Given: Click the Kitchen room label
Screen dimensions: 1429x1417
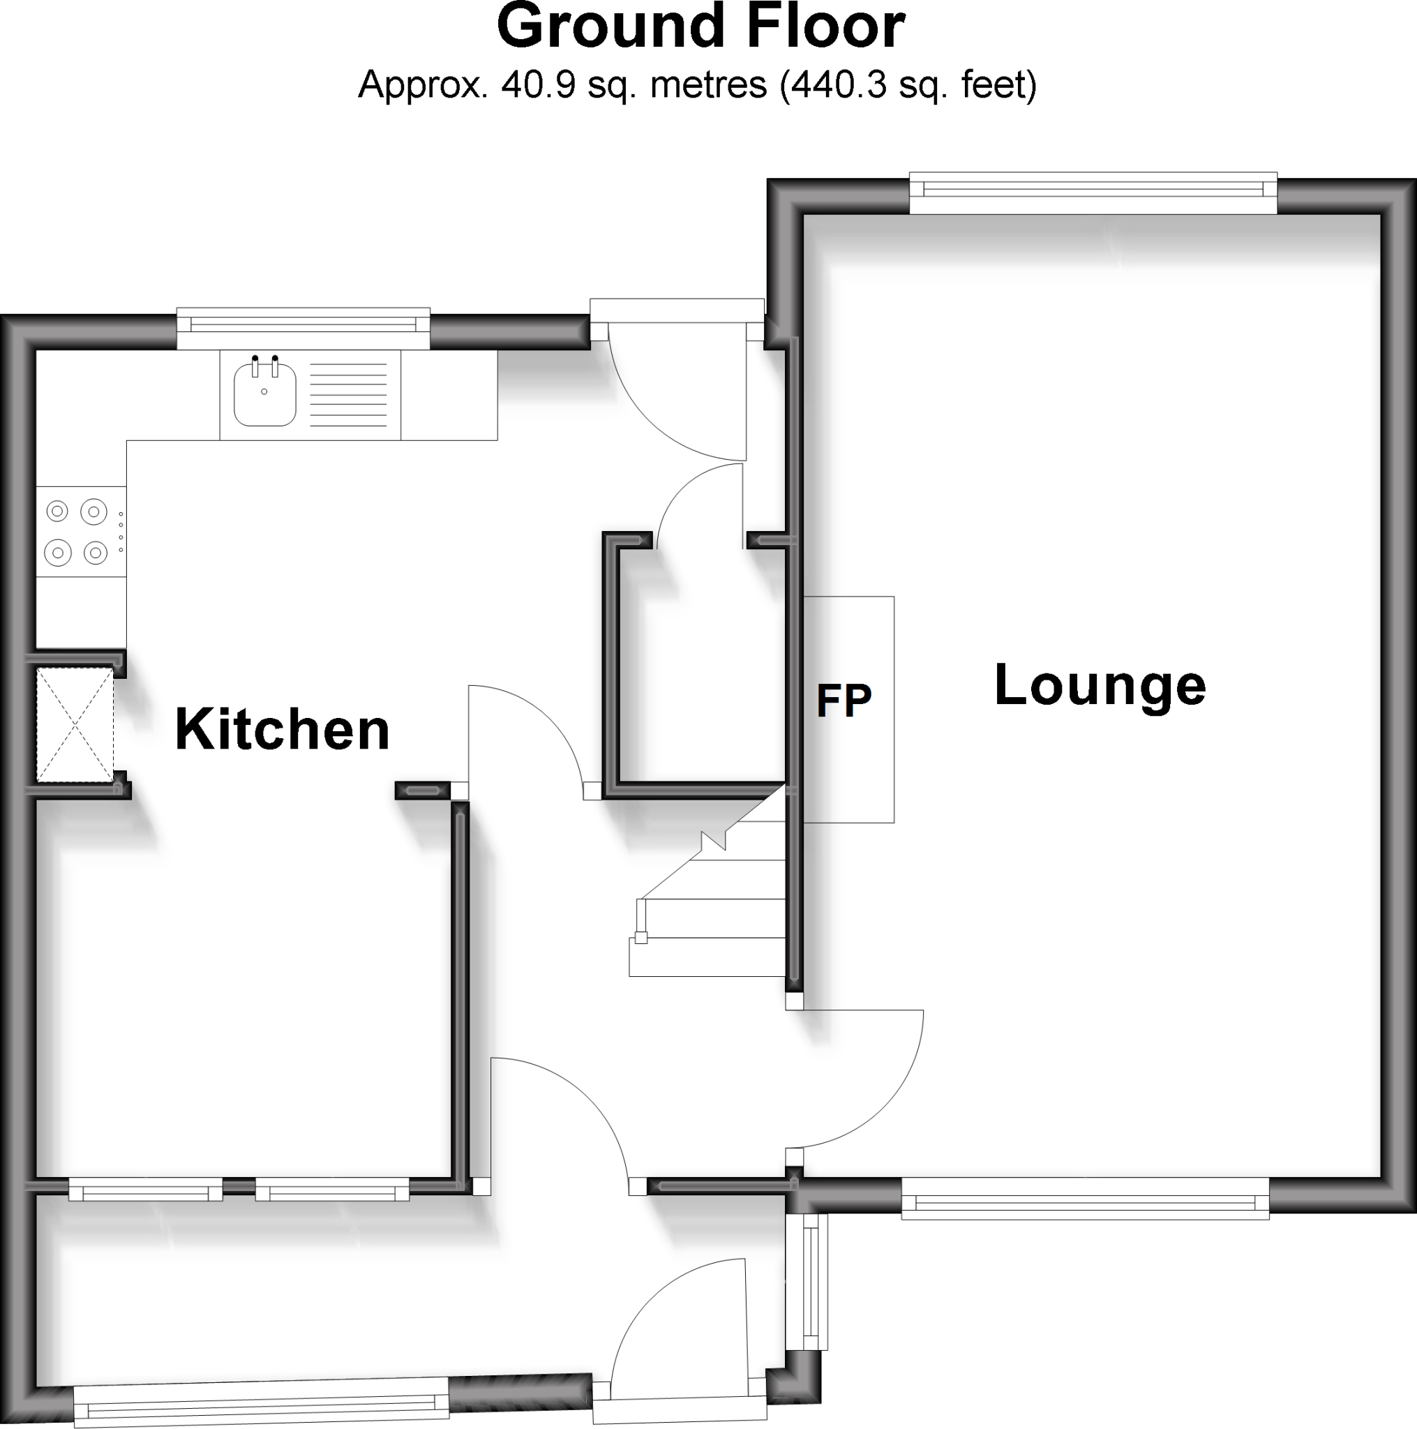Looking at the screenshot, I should click(282, 730).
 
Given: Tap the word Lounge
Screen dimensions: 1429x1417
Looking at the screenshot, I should click(1099, 687).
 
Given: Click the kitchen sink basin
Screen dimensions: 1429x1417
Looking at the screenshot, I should click(264, 395).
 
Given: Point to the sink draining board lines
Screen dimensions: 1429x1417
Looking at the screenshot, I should click(347, 395).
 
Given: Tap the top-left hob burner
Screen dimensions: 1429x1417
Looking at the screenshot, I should click(57, 510).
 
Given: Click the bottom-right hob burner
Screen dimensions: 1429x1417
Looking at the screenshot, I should click(96, 552).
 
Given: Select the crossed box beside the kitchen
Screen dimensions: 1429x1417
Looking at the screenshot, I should click(75, 724).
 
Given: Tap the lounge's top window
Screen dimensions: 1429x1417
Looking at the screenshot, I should click(1093, 190).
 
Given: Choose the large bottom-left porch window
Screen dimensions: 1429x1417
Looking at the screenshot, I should click(261, 1402).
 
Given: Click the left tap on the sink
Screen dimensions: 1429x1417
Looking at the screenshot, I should click(255, 366).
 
